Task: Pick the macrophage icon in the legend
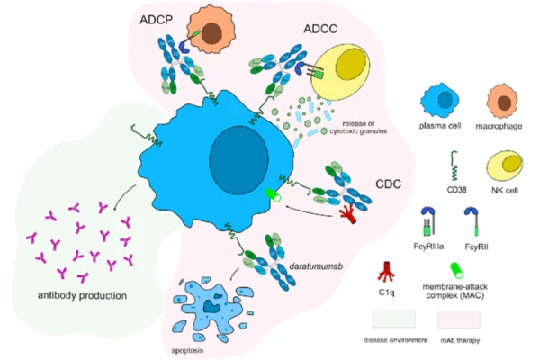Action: click(500, 97)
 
